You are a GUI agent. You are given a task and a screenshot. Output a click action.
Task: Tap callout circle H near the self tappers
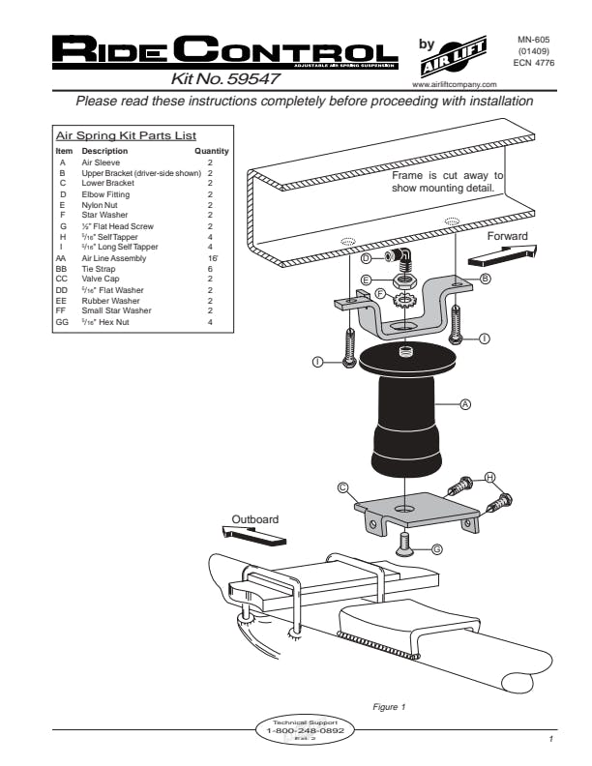(490, 478)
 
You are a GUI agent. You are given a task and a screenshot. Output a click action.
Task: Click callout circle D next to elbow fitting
(366, 258)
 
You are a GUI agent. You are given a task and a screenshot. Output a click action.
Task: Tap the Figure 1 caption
(389, 705)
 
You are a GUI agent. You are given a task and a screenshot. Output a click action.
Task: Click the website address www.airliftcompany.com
(454, 85)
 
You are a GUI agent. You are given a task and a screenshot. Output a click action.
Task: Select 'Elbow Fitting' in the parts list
(104, 196)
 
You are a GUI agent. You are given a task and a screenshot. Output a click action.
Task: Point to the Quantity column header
(211, 152)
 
